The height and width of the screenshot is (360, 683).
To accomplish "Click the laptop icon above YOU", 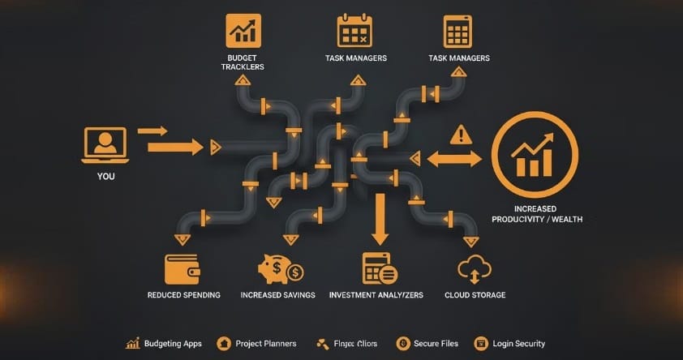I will [105, 144].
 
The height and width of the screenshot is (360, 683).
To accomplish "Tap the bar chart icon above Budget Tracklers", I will [243, 30].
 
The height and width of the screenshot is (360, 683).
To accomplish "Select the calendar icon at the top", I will [354, 30].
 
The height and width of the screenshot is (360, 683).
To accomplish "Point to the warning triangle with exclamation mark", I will [460, 134].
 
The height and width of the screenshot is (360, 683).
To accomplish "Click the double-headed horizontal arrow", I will [454, 158].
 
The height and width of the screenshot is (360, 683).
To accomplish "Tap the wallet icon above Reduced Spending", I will [183, 268].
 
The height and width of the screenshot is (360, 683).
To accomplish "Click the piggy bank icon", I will [278, 268].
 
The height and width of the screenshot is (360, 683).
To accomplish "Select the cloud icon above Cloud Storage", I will [475, 268].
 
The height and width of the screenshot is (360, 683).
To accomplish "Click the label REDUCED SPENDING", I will [183, 295].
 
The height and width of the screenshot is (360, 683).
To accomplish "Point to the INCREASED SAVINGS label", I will [278, 295].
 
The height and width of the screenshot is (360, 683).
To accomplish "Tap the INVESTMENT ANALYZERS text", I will [376, 295].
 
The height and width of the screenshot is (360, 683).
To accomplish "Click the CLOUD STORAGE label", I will [475, 295].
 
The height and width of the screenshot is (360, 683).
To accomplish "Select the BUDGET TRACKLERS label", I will [243, 62].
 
